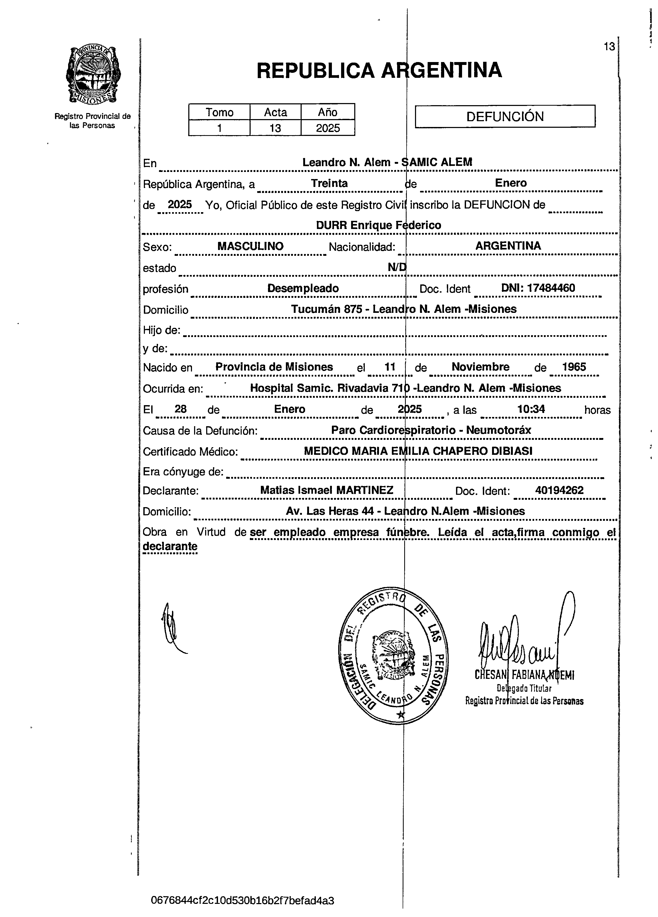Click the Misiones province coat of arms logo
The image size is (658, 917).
coord(93,75)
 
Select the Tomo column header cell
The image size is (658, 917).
coord(219,112)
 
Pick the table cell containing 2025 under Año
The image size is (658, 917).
coord(328,128)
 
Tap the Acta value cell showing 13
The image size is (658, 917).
coord(275,128)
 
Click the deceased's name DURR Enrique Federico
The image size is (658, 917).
coord(378,225)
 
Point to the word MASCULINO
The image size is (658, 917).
coord(250,246)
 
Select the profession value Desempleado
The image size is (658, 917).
coord(303,288)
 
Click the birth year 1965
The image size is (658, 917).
coord(574,367)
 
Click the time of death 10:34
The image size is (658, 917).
coord(531,409)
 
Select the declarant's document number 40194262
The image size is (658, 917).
coord(559,490)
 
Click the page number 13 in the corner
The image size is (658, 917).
coord(609,47)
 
